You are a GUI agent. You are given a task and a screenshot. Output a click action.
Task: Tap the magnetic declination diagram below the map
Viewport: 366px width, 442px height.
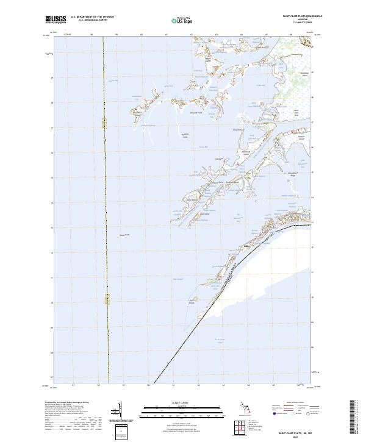[121, 408]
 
